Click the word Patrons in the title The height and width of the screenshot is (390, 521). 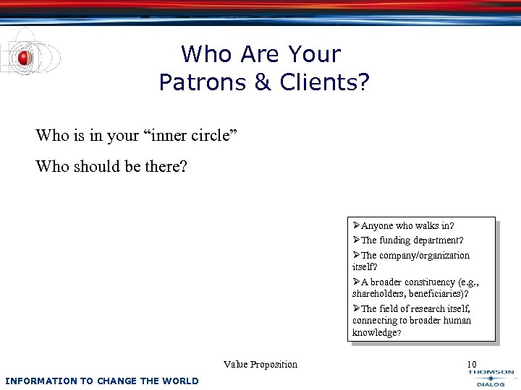coord(202,82)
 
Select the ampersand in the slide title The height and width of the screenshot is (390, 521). coord(261,82)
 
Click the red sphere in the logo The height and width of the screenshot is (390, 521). coord(25,58)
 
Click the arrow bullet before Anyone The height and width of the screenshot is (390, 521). coord(356,226)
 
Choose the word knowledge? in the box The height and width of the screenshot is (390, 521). coord(376,333)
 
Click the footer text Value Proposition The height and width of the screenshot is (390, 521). coord(260,365)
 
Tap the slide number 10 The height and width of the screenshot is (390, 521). coord(472,365)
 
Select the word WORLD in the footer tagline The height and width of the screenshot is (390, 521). coord(182,381)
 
